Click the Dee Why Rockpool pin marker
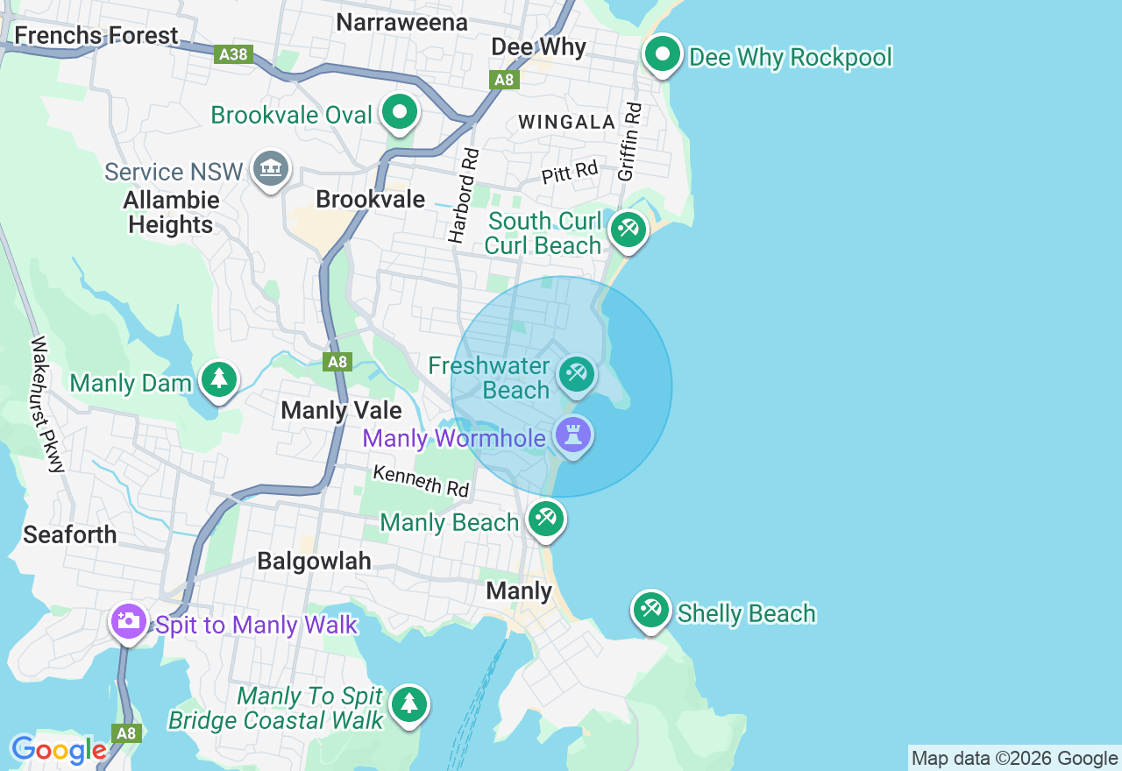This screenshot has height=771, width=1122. click(663, 55)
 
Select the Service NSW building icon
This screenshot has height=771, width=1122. click(270, 168)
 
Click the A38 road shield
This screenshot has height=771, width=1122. click(233, 54)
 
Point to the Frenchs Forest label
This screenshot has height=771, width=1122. click(96, 36)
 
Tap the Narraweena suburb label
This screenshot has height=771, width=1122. click(401, 22)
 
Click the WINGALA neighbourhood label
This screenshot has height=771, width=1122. click(566, 123)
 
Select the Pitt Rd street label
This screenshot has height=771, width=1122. click(569, 172)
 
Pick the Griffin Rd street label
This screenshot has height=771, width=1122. click(629, 142)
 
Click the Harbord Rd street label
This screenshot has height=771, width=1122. click(464, 195)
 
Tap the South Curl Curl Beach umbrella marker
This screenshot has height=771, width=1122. click(628, 230)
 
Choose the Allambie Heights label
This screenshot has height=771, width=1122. click(171, 213)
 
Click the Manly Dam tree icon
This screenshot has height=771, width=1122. click(219, 380)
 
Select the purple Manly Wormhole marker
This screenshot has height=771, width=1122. click(573, 435)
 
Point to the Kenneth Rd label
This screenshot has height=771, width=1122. click(421, 481)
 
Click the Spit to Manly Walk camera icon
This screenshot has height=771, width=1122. click(129, 622)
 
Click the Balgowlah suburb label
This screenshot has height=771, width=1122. click(314, 562)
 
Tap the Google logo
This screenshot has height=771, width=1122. click(59, 751)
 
